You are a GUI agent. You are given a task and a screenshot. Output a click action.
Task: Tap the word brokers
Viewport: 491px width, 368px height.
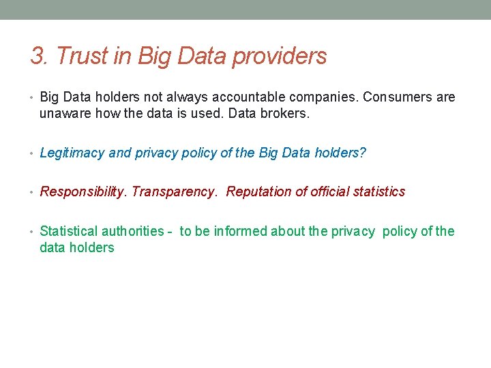286,114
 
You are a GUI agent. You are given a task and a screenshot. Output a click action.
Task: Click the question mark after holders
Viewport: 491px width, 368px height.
363,153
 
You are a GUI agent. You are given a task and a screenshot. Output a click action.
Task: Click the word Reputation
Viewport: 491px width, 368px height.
259,191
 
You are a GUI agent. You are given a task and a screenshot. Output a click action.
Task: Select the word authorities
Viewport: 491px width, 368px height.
133,231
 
